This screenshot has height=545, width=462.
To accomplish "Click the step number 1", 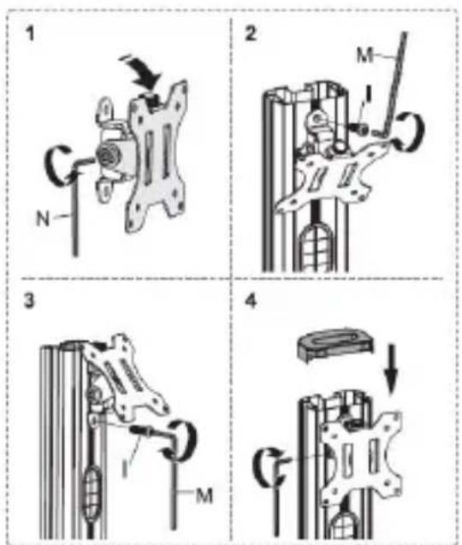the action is pos(31,34).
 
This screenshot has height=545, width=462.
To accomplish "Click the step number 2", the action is pos(251,33).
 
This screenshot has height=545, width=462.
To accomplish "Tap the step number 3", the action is pos(29,300).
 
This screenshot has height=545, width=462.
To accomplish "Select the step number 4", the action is pos(251,301).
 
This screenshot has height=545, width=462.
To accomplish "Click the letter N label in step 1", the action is pos(43,219).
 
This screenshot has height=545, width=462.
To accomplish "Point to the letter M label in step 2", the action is pos(364,56).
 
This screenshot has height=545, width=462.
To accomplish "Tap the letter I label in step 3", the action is pos(124,469).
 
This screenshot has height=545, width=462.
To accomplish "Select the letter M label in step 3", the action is pos(204,495).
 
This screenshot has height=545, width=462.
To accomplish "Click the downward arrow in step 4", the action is pos(392,369).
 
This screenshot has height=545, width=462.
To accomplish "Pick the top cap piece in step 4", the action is pos(336,344).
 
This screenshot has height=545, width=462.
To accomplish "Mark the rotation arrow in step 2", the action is pos(414,132).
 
